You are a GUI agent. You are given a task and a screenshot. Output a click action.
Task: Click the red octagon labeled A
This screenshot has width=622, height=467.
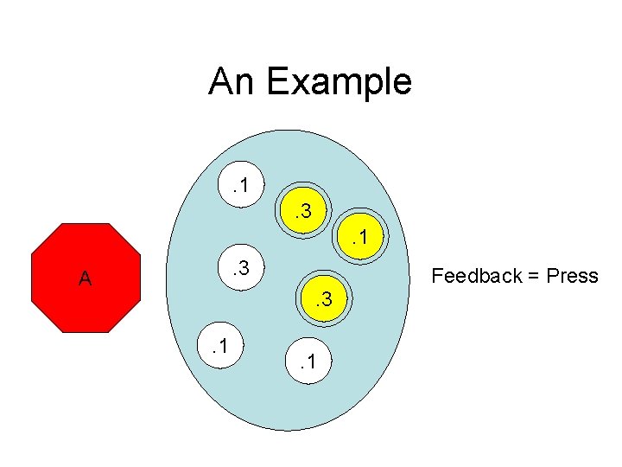pyautogui.click(x=85, y=278)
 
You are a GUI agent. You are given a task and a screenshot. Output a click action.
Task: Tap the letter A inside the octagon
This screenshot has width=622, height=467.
pyautogui.click(x=85, y=279)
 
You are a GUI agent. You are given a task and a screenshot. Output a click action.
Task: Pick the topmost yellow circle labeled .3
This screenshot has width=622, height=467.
pyautogui.click(x=303, y=210)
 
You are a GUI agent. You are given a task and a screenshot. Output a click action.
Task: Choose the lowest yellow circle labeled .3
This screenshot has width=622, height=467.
pyautogui.click(x=325, y=300)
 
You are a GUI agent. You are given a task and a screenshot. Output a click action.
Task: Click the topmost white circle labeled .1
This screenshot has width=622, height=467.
pyautogui.click(x=243, y=183)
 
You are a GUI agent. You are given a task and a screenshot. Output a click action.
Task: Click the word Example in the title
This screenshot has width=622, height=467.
pyautogui.click(x=339, y=82)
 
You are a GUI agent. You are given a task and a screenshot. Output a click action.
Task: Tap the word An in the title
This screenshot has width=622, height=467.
pyautogui.click(x=232, y=82)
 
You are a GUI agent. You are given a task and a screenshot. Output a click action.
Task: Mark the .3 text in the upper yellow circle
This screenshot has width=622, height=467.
pyautogui.click(x=303, y=210)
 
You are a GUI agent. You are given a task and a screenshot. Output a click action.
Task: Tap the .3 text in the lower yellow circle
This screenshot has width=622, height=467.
pyautogui.click(x=325, y=300)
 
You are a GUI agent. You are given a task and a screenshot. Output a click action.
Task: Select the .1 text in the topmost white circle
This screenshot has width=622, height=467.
pyautogui.click(x=243, y=183)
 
